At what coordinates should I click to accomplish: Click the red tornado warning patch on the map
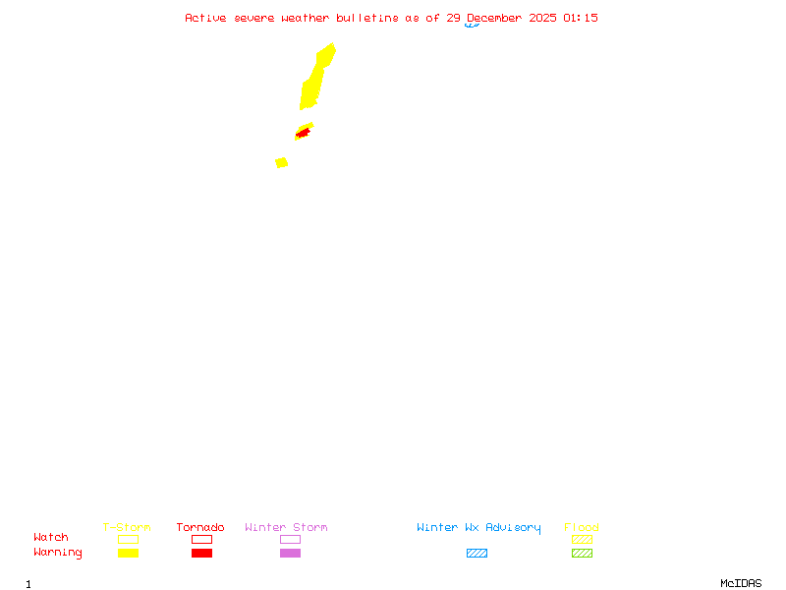pyautogui.click(x=304, y=132)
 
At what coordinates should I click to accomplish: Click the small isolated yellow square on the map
pyautogui.click(x=282, y=162)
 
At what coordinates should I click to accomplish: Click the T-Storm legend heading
pyautogui.click(x=127, y=527)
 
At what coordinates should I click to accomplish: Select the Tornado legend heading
pyautogui.click(x=200, y=527)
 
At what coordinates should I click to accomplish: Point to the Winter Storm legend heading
pyautogui.click(x=286, y=527)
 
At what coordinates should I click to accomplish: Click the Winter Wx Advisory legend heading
pyautogui.click(x=478, y=527)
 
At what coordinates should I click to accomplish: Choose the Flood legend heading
pyautogui.click(x=582, y=527)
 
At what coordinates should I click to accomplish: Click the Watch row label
pyautogui.click(x=51, y=538)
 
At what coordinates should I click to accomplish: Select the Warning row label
pyautogui.click(x=58, y=553)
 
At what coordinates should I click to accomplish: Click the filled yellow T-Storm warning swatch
pyautogui.click(x=128, y=553)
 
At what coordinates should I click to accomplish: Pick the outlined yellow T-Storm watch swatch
pyautogui.click(x=128, y=539)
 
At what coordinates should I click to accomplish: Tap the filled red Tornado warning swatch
pyautogui.click(x=201, y=553)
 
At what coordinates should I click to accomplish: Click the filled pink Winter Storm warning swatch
pyautogui.click(x=290, y=553)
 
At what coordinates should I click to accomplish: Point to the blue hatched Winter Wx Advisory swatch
pyautogui.click(x=477, y=553)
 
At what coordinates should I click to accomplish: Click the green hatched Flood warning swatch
pyautogui.click(x=582, y=553)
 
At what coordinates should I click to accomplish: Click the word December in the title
pyautogui.click(x=497, y=18)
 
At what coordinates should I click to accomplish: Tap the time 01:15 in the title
pyautogui.click(x=581, y=18)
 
